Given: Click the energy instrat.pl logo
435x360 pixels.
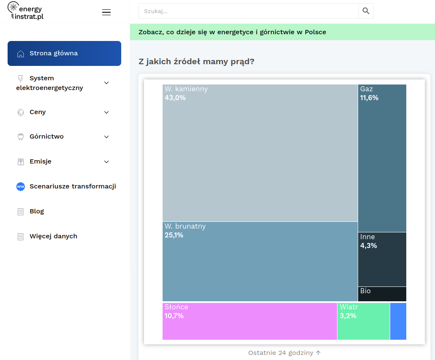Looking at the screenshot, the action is coord(25,11).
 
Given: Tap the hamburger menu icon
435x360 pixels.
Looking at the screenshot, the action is coord(106,12).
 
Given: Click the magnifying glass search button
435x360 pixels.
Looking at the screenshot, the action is coord(366,11).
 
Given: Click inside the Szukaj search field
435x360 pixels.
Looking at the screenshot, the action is coord(249,11).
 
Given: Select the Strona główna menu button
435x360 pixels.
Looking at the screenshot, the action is coord(64,53).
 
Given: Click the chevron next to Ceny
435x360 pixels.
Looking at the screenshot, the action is coord(106,112).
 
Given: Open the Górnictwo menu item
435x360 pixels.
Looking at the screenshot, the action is coord(46,136).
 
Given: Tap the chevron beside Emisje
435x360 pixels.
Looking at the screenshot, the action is coord(106,162).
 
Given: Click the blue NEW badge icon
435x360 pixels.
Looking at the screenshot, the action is coord(21,186).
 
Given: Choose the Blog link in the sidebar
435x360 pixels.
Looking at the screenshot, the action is coord(37,212).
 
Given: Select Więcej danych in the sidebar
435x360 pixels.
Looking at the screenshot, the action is coord(53,237).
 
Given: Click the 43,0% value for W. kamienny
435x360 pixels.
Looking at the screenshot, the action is coord(175,98).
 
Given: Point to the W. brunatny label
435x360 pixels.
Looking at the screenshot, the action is coord(185,226).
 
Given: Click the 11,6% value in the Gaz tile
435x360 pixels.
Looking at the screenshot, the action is coord(369,98).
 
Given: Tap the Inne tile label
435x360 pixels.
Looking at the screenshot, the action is coord(367,237).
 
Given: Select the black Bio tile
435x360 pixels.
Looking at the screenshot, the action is coord(382,294).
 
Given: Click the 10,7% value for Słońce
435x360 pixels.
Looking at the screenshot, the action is coord(174,316).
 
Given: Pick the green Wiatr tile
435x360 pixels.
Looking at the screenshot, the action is coord(364,321).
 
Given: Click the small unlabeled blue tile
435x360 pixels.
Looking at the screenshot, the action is coord(398,321).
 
